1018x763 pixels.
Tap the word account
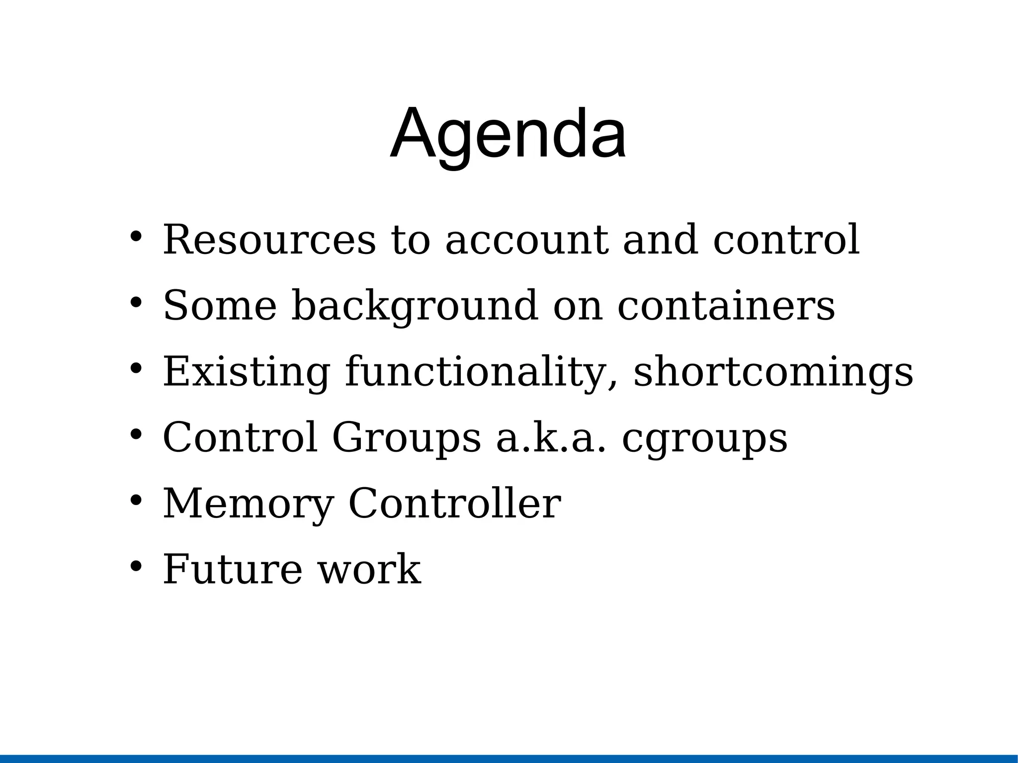coord(526,240)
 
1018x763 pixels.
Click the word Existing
coord(246,372)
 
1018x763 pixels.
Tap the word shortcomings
coord(773,372)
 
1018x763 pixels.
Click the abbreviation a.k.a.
coord(551,437)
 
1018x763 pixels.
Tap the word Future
coord(233,570)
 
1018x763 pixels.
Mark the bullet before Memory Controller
coord(136,500)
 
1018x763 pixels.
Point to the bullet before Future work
coord(136,566)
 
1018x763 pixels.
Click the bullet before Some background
coord(136,302)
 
